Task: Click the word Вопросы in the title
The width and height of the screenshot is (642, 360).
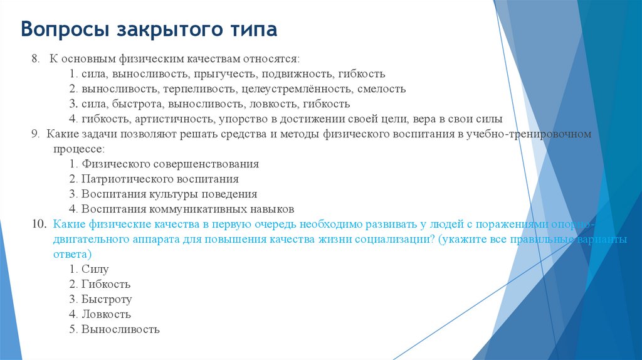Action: click(58, 29)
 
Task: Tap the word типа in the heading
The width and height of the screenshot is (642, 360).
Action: click(250, 29)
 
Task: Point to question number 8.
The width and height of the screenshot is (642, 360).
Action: click(36, 58)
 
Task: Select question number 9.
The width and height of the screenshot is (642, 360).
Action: click(35, 134)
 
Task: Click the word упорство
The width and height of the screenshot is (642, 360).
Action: click(241, 119)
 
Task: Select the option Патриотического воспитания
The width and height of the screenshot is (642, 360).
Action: click(160, 179)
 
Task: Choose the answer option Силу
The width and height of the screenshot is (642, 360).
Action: click(95, 269)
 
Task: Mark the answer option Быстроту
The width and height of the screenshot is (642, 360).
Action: click(106, 299)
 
